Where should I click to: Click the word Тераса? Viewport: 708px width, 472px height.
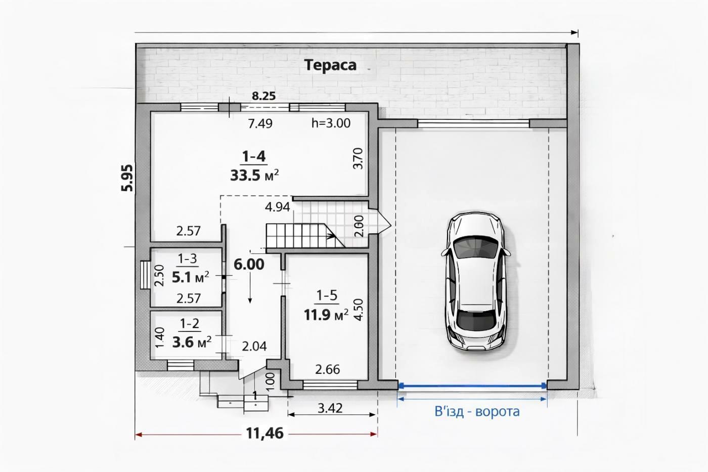tap(330, 65)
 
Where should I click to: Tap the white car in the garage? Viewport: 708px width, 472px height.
tap(476, 281)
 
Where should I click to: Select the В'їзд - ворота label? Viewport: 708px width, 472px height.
tap(477, 412)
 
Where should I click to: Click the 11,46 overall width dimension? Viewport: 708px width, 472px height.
tap(265, 434)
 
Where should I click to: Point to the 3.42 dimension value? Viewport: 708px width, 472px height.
tap(330, 408)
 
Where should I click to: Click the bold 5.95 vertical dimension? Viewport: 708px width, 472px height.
tap(127, 178)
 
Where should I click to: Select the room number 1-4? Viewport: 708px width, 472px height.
tap(254, 156)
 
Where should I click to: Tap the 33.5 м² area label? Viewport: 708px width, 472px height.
tap(254, 175)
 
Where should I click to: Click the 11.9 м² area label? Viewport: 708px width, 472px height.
tap(326, 315)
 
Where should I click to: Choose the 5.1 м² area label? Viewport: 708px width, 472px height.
tap(191, 277)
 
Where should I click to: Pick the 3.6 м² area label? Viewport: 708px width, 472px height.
tap(192, 342)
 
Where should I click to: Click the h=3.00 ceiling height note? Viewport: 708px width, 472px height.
tap(331, 123)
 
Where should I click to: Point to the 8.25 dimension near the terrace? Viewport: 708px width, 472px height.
tap(263, 96)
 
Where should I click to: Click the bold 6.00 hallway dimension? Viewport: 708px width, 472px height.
tap(249, 265)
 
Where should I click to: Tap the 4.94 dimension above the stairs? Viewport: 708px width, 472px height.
tap(278, 207)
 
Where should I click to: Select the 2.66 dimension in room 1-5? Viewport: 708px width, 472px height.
tap(328, 369)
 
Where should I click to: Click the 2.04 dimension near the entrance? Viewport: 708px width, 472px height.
tap(254, 347)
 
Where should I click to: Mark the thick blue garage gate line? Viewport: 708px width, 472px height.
tap(472, 385)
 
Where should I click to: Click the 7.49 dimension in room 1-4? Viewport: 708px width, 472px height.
tap(260, 123)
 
